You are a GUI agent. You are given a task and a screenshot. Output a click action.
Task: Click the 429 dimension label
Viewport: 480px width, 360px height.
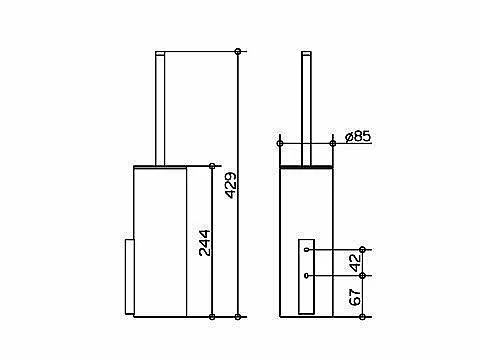pos(231,185)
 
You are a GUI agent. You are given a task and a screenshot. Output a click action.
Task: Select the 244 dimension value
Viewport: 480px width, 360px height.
pos(205,243)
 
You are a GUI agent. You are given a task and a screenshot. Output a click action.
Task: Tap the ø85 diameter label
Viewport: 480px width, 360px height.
pos(358,136)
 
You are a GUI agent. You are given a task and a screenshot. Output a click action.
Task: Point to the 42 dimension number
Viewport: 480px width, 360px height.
pos(356,262)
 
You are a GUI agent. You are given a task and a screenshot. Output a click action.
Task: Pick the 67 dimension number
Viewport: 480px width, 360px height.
pos(356,297)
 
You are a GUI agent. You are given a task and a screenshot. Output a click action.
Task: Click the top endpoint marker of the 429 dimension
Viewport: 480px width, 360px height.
pos(238,51)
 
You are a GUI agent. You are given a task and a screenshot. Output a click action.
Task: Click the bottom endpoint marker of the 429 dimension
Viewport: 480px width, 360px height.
pos(238,316)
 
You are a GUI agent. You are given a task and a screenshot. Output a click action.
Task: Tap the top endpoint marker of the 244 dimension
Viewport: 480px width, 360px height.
pos(212,166)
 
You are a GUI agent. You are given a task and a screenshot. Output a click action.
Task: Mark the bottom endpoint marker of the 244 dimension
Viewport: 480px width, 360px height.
pos(212,316)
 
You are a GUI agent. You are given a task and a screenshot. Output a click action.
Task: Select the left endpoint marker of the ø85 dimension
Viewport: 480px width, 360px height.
pos(280,144)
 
